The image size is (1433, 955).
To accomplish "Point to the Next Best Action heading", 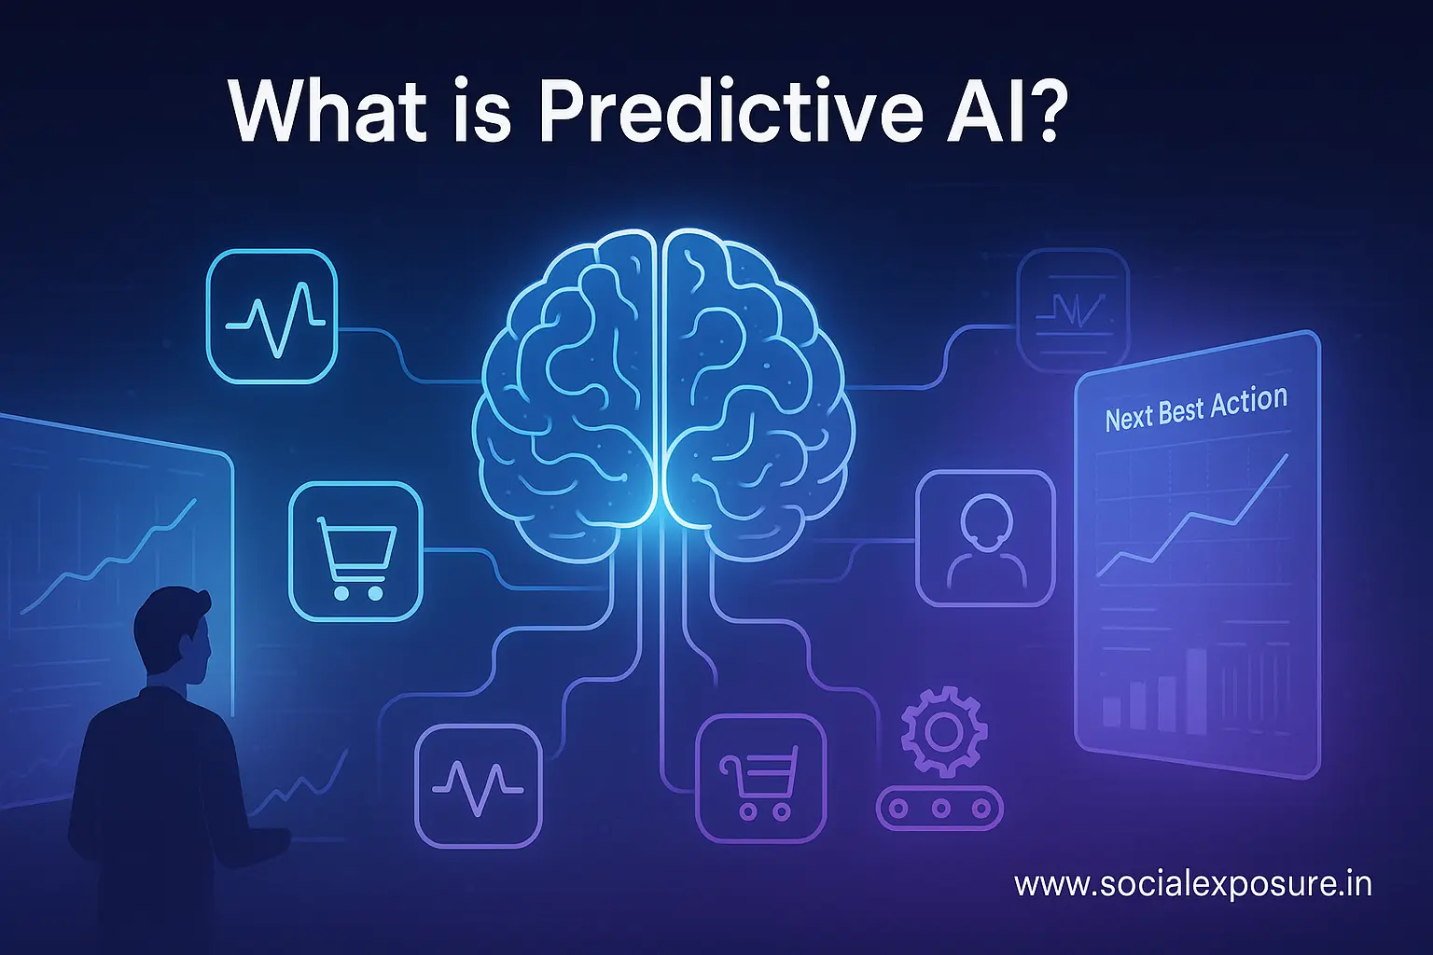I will click(x=1196, y=408).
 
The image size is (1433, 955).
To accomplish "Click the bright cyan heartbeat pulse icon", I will click(x=272, y=315).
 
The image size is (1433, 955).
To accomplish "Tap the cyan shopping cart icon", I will click(x=355, y=552).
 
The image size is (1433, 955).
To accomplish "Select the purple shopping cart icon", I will click(x=760, y=780).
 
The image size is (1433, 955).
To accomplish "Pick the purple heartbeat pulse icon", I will click(x=479, y=786).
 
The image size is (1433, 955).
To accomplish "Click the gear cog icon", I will click(x=943, y=729).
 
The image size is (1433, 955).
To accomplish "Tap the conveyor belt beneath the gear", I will click(x=940, y=809).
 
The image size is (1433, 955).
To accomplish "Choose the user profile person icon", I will click(x=985, y=539).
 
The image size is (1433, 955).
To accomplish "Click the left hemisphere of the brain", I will click(x=569, y=392).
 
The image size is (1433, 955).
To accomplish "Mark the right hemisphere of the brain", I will click(x=756, y=392).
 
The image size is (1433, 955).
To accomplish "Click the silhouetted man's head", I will click(x=174, y=635).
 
